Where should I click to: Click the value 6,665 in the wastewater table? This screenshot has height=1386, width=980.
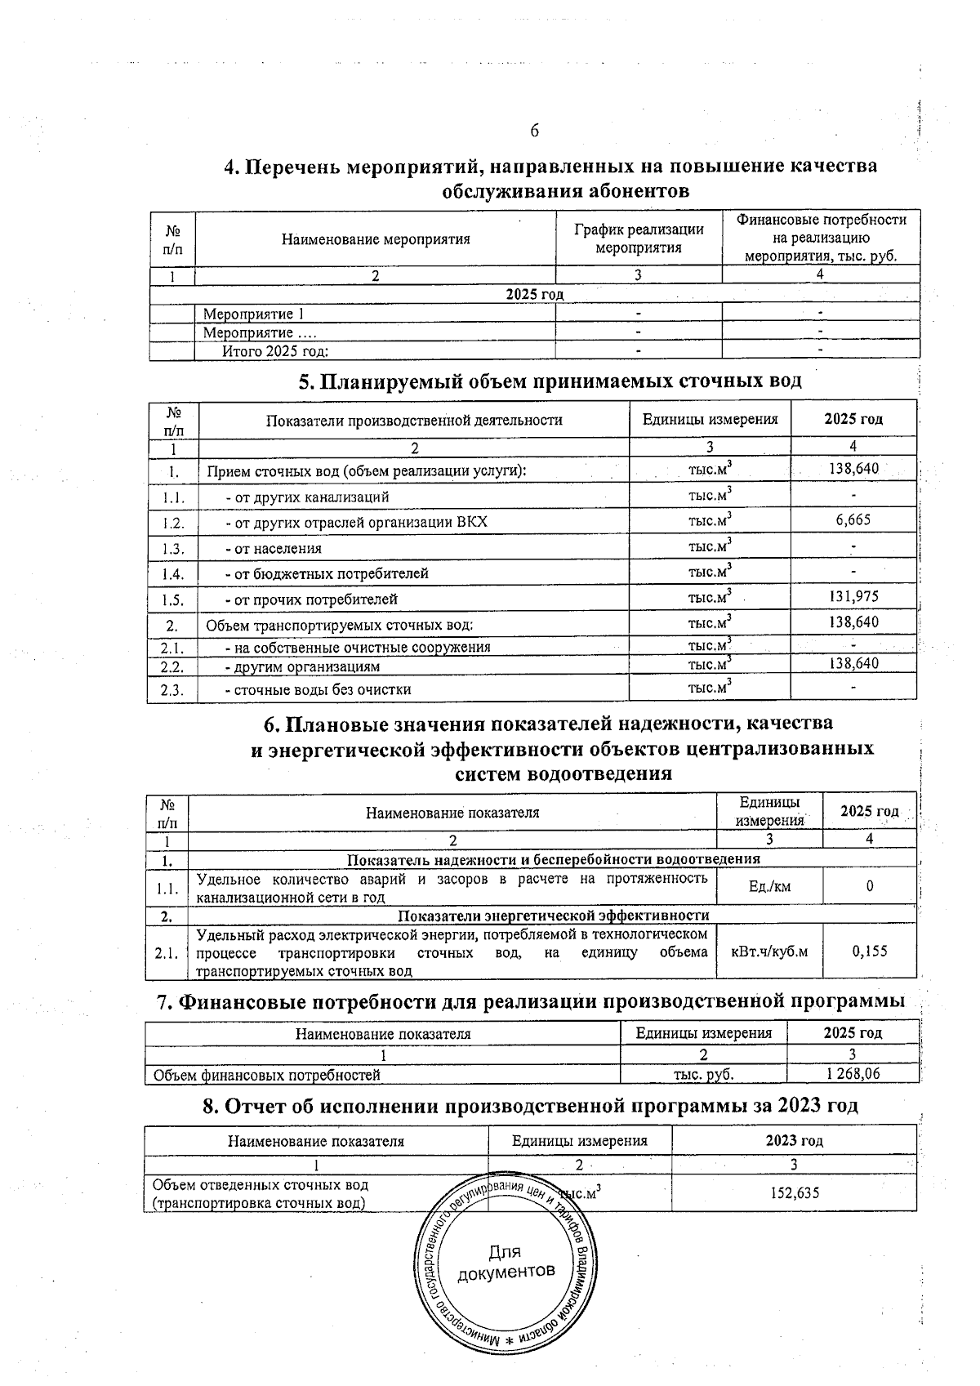click(853, 520)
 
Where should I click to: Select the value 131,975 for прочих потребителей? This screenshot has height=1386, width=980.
click(853, 597)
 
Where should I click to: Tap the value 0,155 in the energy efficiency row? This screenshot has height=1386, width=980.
click(869, 951)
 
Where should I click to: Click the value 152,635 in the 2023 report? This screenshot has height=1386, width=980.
click(795, 1193)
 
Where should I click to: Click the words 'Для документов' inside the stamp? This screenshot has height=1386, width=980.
click(506, 1263)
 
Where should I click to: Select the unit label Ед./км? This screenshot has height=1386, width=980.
click(769, 886)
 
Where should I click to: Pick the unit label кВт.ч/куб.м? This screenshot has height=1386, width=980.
click(769, 951)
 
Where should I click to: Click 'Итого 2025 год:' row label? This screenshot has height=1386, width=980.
click(275, 351)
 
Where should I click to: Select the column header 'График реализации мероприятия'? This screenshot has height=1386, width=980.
click(639, 238)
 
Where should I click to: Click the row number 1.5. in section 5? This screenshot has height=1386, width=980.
click(173, 599)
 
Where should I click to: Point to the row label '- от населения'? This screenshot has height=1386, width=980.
click(274, 549)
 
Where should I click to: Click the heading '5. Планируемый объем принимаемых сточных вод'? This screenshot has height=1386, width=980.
click(550, 381)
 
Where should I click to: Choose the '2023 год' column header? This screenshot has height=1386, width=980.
click(794, 1141)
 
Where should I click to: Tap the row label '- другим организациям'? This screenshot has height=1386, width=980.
click(302, 666)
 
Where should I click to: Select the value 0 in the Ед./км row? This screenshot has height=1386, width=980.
click(869, 886)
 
